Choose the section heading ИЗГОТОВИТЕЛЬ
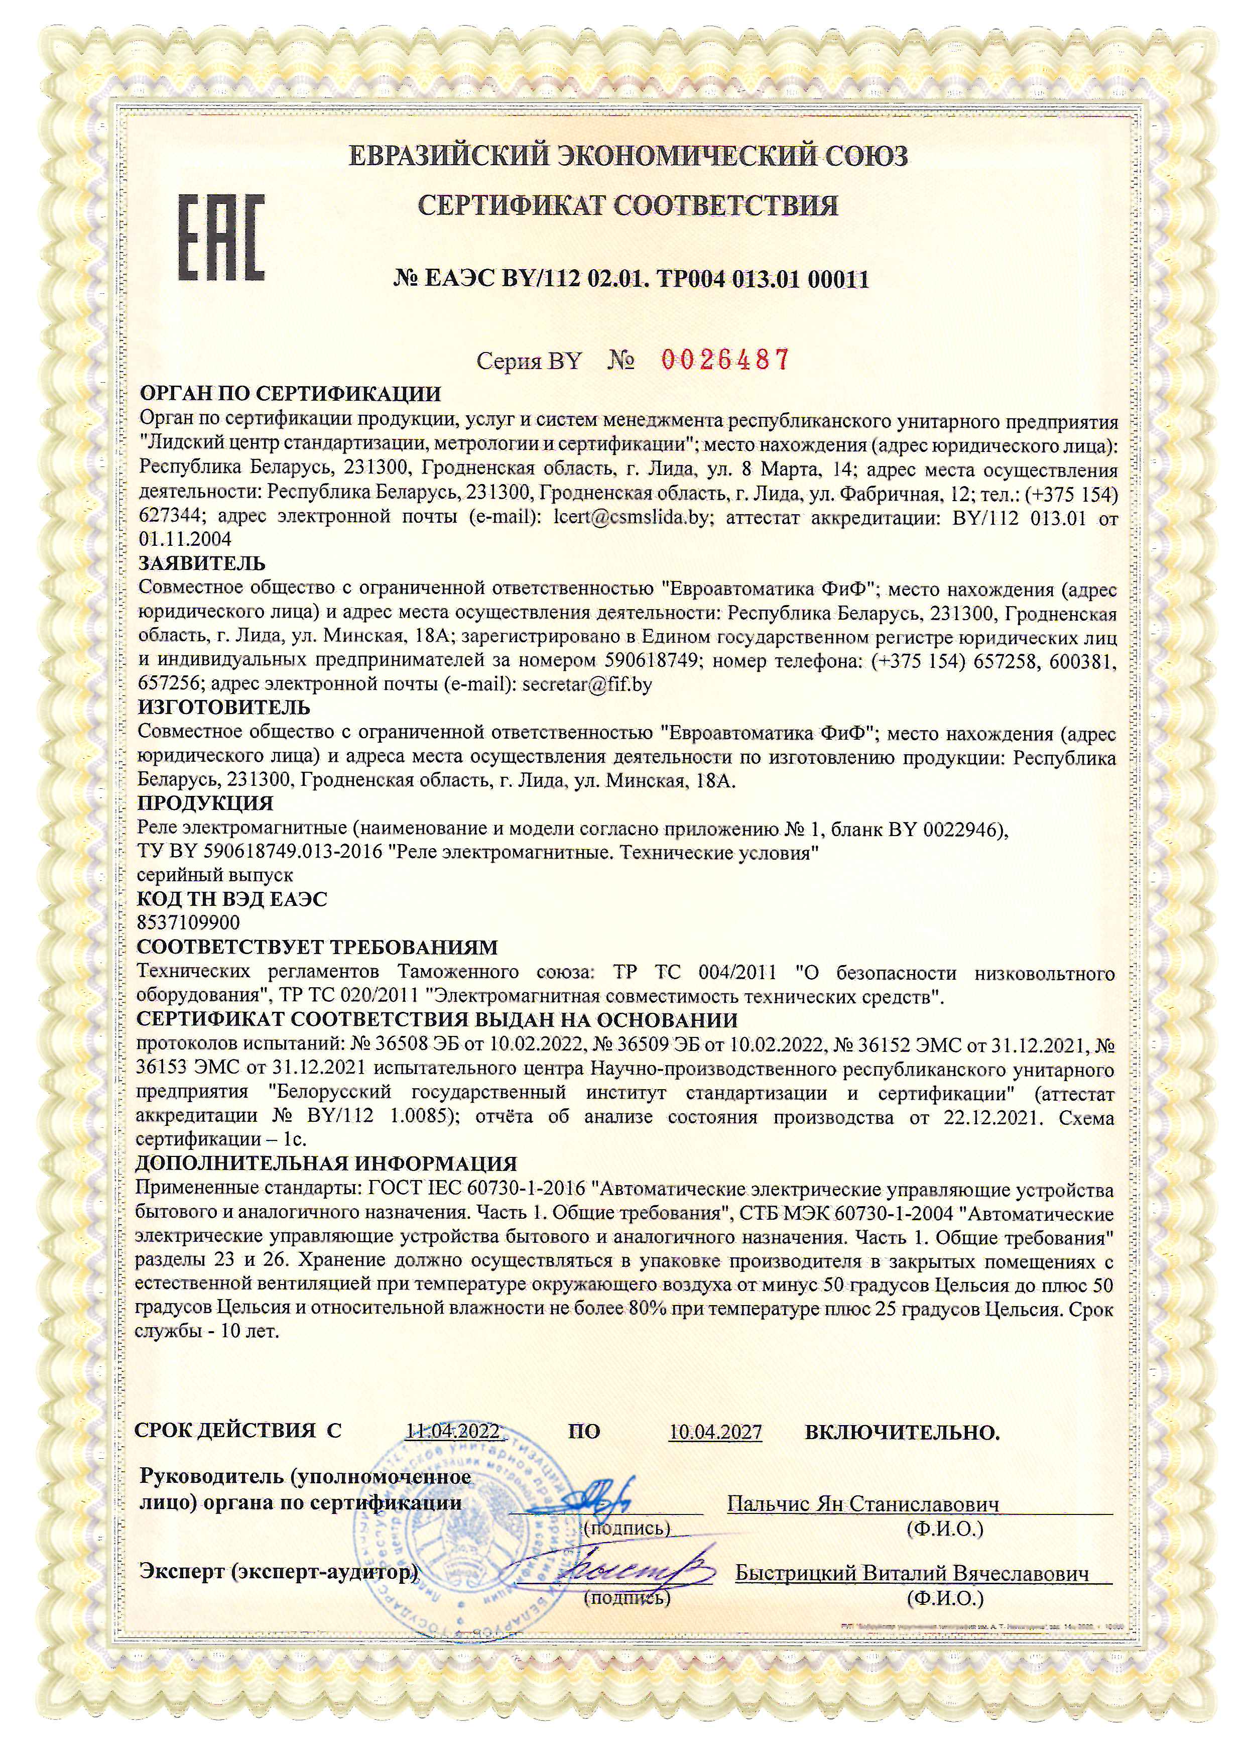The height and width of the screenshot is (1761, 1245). point(224,707)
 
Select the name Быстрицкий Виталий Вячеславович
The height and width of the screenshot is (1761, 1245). point(912,1573)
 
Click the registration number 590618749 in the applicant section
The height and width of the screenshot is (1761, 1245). point(650,660)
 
